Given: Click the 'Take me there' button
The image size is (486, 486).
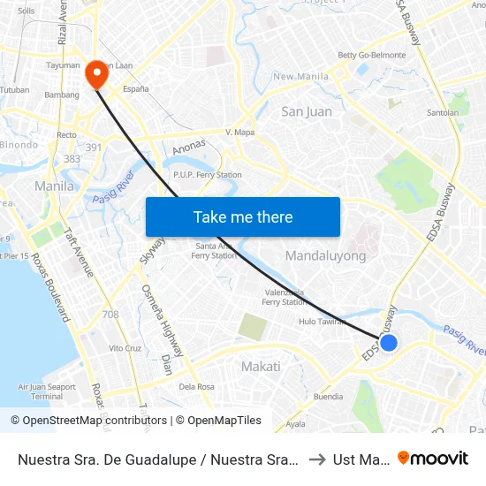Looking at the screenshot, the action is click(x=243, y=216).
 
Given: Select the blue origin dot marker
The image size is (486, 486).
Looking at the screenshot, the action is click(x=388, y=343).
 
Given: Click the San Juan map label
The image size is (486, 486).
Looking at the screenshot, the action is click(x=306, y=111).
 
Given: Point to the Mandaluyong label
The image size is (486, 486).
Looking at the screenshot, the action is click(x=325, y=255).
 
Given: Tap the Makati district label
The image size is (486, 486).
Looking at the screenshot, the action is click(x=261, y=366).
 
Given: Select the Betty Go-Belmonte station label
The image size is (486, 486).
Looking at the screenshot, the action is click(x=372, y=55).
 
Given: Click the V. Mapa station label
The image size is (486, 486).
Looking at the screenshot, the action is click(x=240, y=132).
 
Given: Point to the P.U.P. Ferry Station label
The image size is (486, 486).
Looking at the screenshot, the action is click(x=208, y=175).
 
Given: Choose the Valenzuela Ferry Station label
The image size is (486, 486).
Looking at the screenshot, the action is click(x=285, y=297).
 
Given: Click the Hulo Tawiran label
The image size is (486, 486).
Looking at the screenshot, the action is click(x=321, y=323).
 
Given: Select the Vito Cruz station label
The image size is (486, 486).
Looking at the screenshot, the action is click(x=125, y=348).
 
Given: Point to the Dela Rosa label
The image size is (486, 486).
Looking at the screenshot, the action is click(x=196, y=386).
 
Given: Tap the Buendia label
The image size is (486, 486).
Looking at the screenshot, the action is click(x=328, y=397).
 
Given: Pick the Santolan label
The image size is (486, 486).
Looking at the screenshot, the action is click(x=443, y=113).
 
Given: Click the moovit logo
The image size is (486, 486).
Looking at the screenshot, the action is click(x=433, y=458).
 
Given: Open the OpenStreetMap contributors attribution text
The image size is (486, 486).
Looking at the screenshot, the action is click(x=96, y=421).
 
